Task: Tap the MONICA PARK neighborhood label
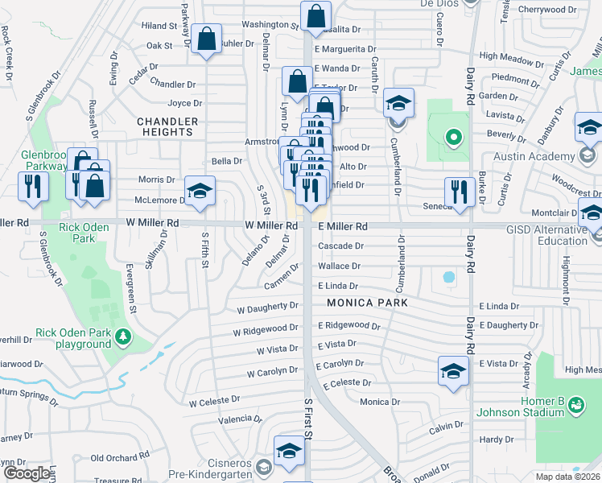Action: [367, 303]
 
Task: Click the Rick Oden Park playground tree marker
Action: [122, 335]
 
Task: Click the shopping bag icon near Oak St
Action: [207, 39]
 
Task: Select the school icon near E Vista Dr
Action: [454, 371]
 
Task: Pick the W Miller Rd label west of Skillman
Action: [152, 222]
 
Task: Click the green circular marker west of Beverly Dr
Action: [452, 138]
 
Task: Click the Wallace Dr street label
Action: [339, 266]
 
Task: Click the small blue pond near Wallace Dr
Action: [448, 276]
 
